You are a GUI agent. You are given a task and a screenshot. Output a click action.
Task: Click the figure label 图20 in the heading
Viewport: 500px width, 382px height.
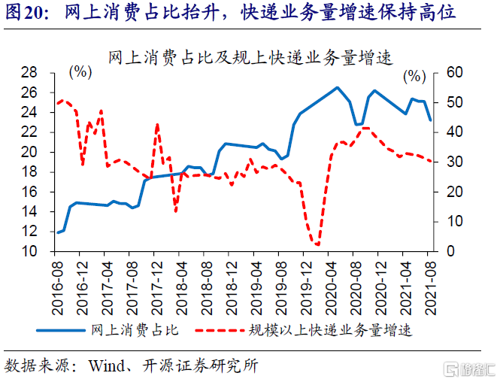[23, 13]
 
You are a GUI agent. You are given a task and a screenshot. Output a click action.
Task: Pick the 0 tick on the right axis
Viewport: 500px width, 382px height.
[447, 252]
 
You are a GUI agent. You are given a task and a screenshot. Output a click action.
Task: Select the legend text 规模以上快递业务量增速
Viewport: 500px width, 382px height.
[332, 329]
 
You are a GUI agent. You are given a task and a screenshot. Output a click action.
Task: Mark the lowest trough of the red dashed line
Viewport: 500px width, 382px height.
[317, 244]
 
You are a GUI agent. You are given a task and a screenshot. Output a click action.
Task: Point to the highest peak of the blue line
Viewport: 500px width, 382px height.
[337, 88]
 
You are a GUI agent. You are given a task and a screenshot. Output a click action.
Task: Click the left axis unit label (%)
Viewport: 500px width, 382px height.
[80, 72]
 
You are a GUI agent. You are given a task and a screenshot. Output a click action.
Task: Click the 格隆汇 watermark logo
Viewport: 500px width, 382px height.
[468, 368]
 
